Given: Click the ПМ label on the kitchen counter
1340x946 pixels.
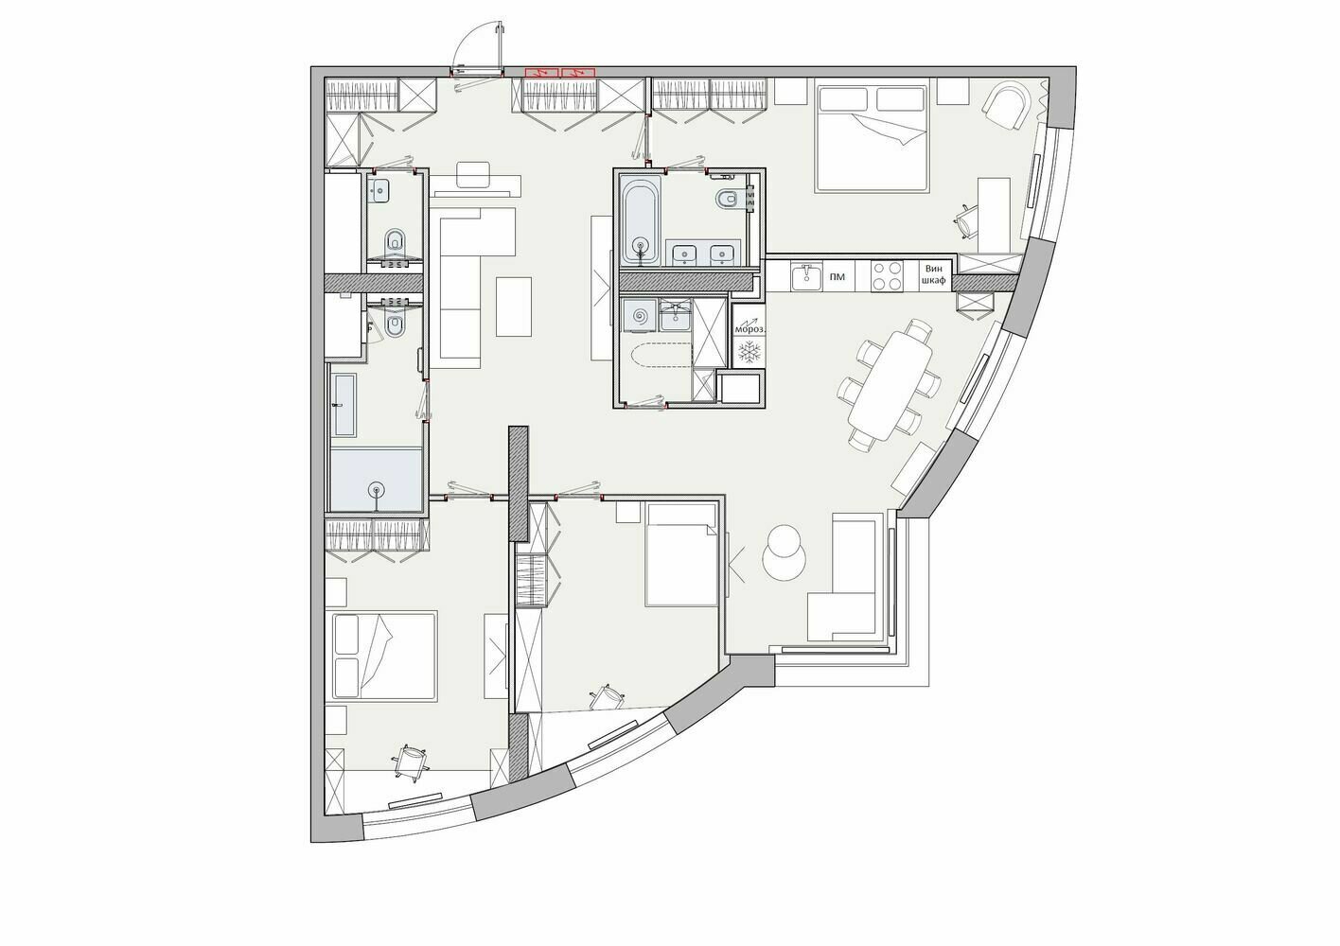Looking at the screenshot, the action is tap(837, 277).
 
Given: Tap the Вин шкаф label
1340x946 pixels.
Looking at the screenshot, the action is tap(933, 274).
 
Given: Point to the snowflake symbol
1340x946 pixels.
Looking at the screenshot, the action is tap(749, 351).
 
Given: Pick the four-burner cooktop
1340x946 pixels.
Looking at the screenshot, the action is tap(886, 277).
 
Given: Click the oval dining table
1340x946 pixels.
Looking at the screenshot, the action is tap(890, 386).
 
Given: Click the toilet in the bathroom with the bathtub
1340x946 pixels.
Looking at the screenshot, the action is tap(726, 198).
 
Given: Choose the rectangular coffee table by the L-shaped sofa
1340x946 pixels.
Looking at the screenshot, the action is tap(513, 307).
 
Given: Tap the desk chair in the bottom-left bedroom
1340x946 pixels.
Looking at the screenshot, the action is tap(410, 762).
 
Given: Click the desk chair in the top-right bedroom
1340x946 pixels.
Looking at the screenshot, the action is tap(965, 221).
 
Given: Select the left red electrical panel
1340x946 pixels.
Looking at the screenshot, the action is tap(542, 73).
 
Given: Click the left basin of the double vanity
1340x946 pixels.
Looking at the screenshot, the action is tap(682, 254).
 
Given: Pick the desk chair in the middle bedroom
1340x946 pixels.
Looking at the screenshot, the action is tap(608, 697).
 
